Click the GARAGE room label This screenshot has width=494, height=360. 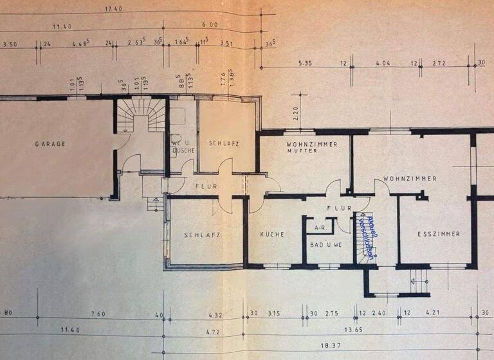50,144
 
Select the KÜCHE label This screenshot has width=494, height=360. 272,235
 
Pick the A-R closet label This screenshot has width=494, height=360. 319,228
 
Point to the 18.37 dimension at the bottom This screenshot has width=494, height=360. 332,345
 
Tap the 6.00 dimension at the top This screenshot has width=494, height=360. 210,24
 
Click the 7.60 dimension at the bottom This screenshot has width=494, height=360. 98,314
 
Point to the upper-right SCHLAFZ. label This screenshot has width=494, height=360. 223,143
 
